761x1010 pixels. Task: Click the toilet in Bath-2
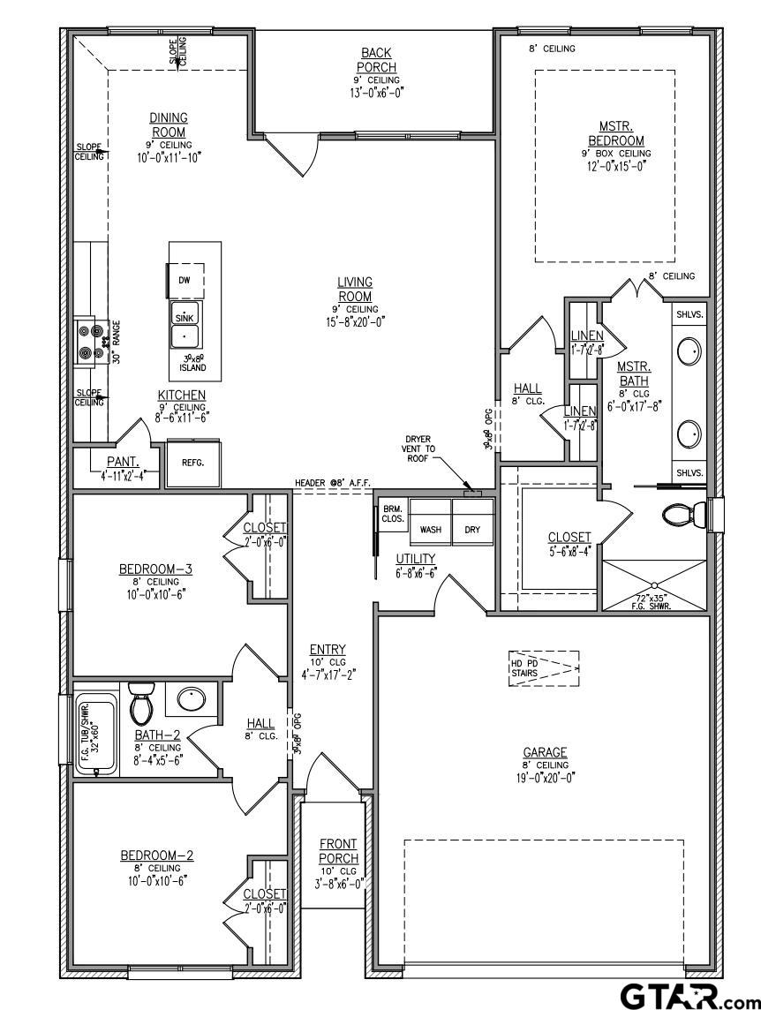point(141,703)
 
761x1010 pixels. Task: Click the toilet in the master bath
point(685,515)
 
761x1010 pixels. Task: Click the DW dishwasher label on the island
point(185,280)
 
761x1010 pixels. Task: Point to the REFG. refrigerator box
point(192,462)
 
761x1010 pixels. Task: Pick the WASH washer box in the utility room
point(430,530)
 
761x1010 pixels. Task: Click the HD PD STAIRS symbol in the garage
point(543,669)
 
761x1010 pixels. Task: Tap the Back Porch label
point(376,60)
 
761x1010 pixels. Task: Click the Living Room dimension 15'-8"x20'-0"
point(354,321)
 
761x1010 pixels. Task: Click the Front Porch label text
point(339,851)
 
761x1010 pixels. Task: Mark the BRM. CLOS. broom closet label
point(393,514)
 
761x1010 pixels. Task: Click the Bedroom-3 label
point(156,569)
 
